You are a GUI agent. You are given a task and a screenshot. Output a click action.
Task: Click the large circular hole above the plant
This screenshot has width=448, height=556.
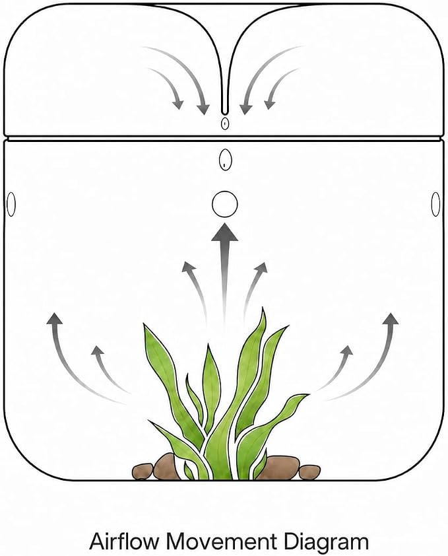pyautogui.click(x=225, y=204)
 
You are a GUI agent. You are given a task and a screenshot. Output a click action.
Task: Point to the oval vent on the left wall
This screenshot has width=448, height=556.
pyautogui.click(x=11, y=204)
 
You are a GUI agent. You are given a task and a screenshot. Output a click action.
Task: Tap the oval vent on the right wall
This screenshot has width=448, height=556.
pyautogui.click(x=435, y=204)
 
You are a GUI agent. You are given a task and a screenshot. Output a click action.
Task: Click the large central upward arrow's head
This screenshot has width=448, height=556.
pyautogui.click(x=225, y=232)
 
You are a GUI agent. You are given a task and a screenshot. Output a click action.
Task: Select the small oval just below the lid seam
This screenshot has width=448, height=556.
pyautogui.click(x=225, y=160)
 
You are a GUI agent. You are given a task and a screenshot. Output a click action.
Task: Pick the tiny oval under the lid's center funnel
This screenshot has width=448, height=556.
pyautogui.click(x=225, y=123)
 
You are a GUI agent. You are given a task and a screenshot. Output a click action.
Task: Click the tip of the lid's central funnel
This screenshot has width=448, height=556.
pyautogui.click(x=224, y=113)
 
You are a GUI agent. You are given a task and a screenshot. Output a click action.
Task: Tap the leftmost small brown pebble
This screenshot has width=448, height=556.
pyautogui.click(x=143, y=471)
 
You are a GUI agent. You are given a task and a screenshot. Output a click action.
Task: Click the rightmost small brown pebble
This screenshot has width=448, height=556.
pyautogui.click(x=309, y=472)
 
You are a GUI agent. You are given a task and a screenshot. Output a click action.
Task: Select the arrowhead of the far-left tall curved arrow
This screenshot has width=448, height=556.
pyautogui.click(x=54, y=319)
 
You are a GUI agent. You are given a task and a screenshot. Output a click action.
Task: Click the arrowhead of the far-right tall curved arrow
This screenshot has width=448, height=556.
pyautogui.click(x=391, y=319)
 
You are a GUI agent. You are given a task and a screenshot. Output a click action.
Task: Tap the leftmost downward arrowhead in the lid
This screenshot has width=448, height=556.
pyautogui.click(x=178, y=104)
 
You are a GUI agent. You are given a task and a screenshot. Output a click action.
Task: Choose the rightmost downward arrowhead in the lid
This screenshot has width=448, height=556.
pyautogui.click(x=269, y=104)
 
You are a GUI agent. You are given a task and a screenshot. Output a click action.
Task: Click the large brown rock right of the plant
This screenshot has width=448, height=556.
pyautogui.click(x=282, y=468)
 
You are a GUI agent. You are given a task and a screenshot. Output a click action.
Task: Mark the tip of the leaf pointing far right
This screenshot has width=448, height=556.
pyautogui.click(x=307, y=395)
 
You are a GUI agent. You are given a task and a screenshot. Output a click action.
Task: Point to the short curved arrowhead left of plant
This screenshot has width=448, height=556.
pyautogui.click(x=97, y=351)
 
